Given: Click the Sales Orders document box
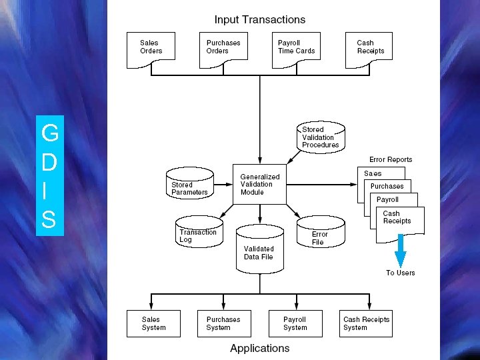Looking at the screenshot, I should point(151,49).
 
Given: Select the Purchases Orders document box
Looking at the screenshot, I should point(223,49).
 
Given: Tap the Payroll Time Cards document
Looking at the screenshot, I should point(296,49).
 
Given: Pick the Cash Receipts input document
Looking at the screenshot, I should point(369,49).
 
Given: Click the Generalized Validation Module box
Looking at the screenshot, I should point(259,185).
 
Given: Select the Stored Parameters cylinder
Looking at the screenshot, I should point(189,186).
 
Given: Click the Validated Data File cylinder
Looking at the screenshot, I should point(259,249).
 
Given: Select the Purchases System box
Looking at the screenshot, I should point(223,323).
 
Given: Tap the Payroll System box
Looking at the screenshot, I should point(295,323).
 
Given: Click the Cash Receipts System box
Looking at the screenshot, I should point(366,323).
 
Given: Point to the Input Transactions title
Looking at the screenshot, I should point(259,20).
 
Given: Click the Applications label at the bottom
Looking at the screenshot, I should point(259,348).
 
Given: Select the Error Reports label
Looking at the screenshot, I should point(391,159).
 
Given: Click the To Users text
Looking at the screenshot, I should point(400,273).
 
